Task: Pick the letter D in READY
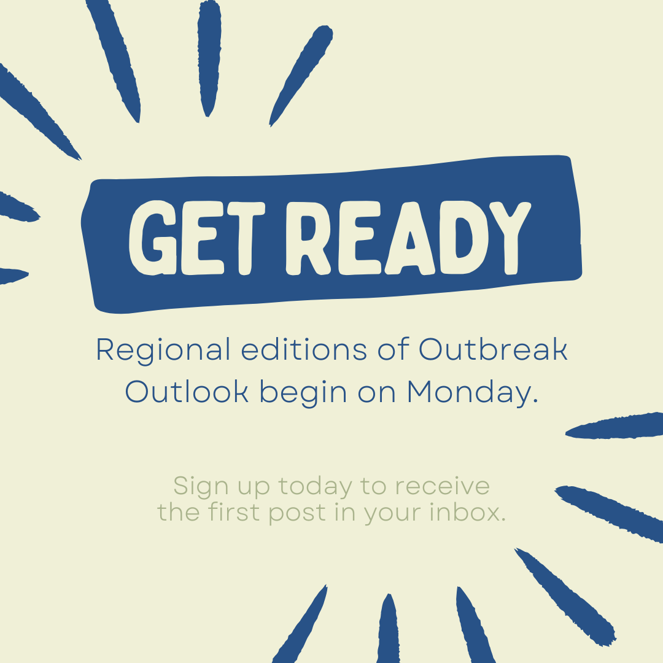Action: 465,236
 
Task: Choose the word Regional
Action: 163,350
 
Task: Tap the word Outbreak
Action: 493,350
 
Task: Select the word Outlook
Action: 187,392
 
